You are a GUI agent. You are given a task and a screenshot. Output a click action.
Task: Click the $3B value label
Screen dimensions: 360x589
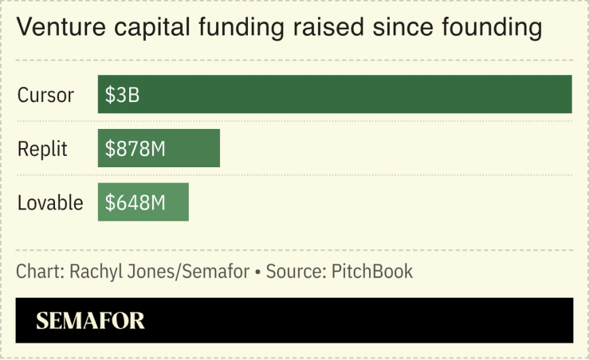click(x=122, y=95)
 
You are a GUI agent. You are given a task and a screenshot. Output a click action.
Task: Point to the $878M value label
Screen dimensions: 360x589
click(x=135, y=149)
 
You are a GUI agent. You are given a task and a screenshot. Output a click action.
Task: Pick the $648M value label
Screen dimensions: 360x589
click(x=135, y=203)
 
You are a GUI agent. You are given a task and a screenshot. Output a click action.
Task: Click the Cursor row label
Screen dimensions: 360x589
click(x=45, y=96)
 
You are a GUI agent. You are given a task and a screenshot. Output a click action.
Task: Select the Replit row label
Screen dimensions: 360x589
click(x=43, y=149)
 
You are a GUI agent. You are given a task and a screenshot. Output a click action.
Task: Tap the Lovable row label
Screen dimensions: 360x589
click(x=50, y=203)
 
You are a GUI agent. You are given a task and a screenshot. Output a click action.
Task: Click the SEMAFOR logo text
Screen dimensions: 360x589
click(x=90, y=321)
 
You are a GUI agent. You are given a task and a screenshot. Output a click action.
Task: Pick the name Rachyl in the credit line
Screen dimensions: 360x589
click(x=95, y=272)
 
